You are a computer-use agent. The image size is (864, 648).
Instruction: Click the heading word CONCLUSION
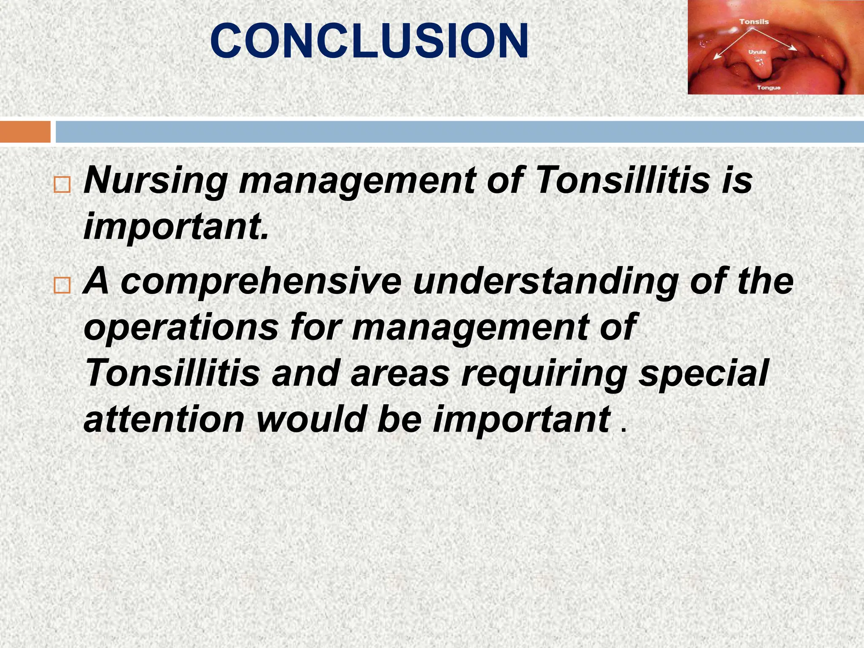pyautogui.click(x=369, y=41)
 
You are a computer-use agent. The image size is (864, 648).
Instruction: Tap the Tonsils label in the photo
pyautogui.click(x=754, y=22)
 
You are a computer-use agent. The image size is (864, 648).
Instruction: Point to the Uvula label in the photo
pyautogui.click(x=757, y=52)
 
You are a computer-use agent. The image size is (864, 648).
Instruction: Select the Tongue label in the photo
pyautogui.click(x=768, y=88)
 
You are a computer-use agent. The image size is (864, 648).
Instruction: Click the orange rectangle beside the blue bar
pyautogui.click(x=25, y=132)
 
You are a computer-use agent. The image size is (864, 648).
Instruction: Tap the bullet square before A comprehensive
pyautogui.click(x=62, y=286)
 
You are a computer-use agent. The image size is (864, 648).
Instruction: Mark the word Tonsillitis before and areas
pyautogui.click(x=172, y=373)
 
